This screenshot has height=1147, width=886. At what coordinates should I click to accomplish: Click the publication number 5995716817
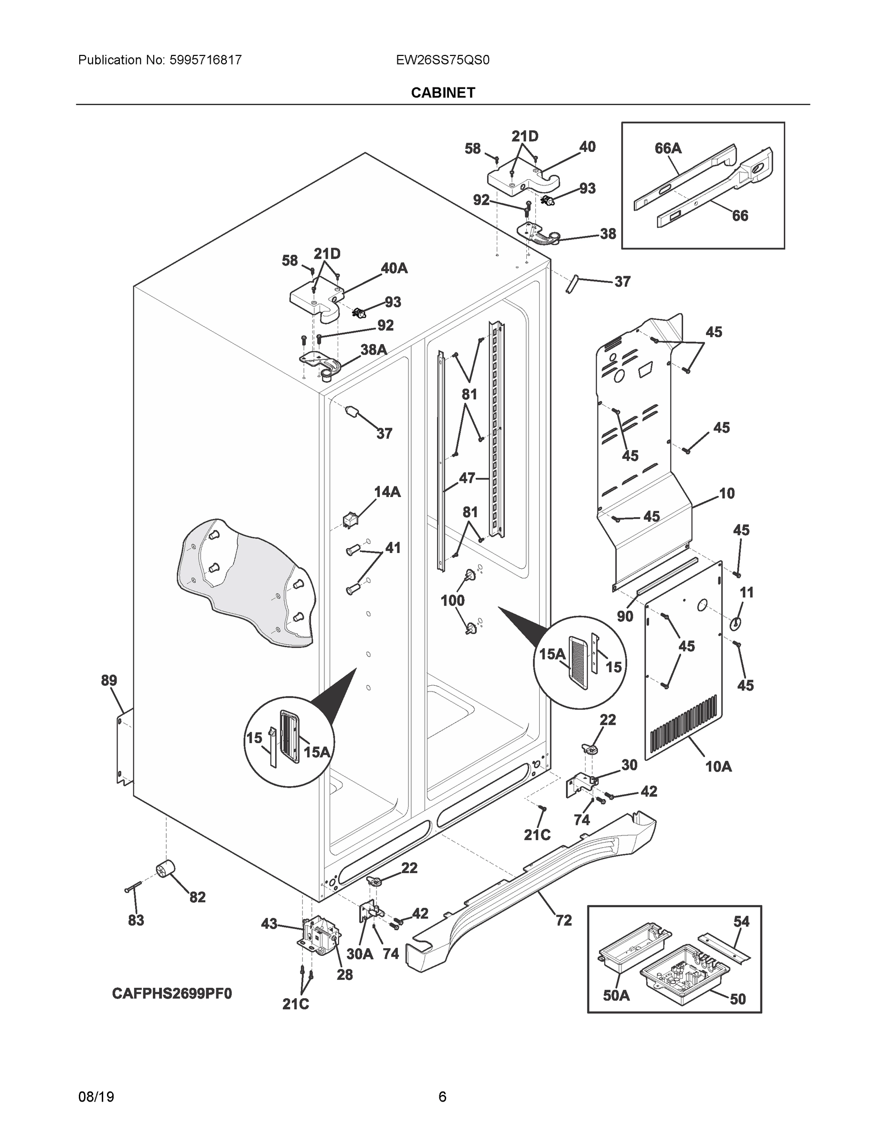[205, 60]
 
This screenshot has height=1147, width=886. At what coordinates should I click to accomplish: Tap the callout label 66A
[668, 149]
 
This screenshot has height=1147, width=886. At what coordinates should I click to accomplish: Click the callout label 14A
[387, 492]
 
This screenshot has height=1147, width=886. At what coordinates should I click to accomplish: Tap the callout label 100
[452, 600]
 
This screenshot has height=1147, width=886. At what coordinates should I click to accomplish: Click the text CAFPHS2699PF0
[171, 994]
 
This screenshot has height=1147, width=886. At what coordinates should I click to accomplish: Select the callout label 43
[269, 924]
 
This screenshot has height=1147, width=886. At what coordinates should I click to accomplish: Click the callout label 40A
[394, 269]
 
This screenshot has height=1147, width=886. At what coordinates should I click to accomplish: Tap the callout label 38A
[373, 350]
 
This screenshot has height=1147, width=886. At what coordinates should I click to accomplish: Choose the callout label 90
[625, 616]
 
